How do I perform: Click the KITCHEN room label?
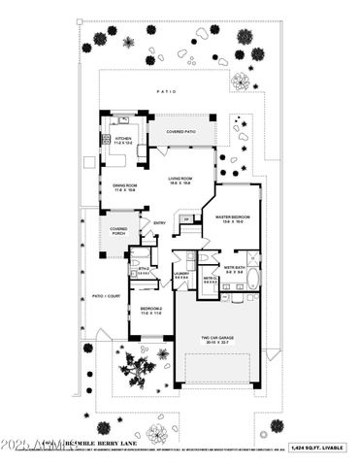(x=122, y=140)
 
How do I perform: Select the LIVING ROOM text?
(x=179, y=179)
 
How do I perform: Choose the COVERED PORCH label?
(x=118, y=231)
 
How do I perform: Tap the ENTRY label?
(x=159, y=223)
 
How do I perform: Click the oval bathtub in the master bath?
(x=253, y=281)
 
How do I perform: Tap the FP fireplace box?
(x=185, y=218)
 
